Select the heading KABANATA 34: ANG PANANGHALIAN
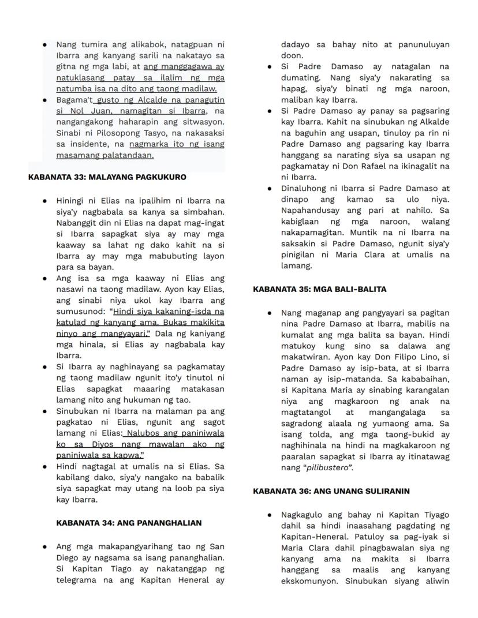pyautogui.click(x=129, y=523)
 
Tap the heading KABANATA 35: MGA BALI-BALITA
pyautogui.click(x=319, y=289)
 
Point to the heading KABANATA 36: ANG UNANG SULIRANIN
pyautogui.click(x=331, y=491)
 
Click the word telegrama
pyautogui.click(x=79, y=580)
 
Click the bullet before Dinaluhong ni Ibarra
pyautogui.click(x=270, y=189)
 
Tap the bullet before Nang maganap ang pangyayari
pyautogui.click(x=270, y=313)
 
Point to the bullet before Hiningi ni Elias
pyautogui.click(x=45, y=201)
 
